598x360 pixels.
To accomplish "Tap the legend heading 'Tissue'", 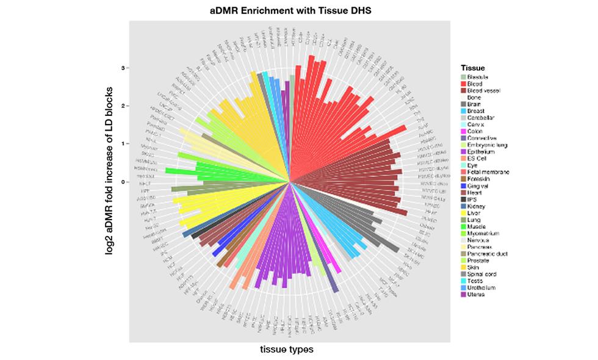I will tap(473, 68).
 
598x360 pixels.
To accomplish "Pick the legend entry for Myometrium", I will tap(481, 233).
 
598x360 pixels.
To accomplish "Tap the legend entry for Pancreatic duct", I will tap(486, 254).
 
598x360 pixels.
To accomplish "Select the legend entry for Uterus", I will tap(476, 295).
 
